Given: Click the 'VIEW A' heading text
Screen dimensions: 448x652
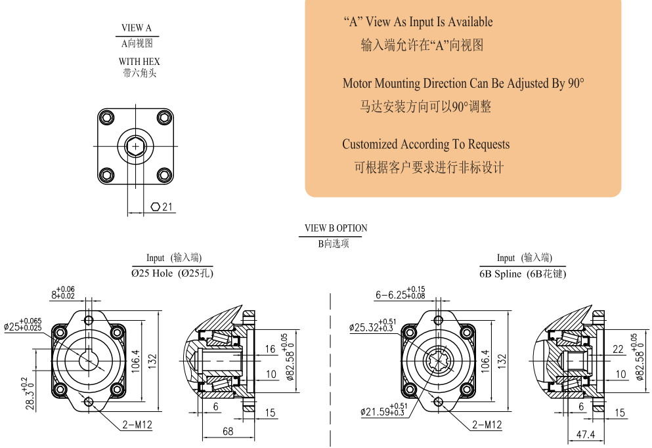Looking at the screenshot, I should tap(137, 28).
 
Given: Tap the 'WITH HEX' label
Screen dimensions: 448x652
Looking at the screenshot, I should tap(139, 62).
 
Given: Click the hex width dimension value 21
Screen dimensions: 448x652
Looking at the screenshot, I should tap(167, 207).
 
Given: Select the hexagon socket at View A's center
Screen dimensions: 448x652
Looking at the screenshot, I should tap(136, 146).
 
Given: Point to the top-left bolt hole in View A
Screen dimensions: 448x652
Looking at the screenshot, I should tap(106, 118).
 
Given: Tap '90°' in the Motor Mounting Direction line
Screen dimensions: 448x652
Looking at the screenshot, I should tap(576, 84).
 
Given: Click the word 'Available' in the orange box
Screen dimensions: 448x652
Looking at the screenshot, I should tap(469, 22).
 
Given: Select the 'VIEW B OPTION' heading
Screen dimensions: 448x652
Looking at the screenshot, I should tap(336, 228).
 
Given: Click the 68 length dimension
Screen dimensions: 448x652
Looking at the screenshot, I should tap(228, 432).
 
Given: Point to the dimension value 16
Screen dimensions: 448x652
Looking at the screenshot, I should tap(270, 349).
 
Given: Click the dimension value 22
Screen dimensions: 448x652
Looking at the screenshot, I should tap(618, 350).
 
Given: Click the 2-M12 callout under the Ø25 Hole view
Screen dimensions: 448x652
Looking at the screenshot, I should tap(137, 425).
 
